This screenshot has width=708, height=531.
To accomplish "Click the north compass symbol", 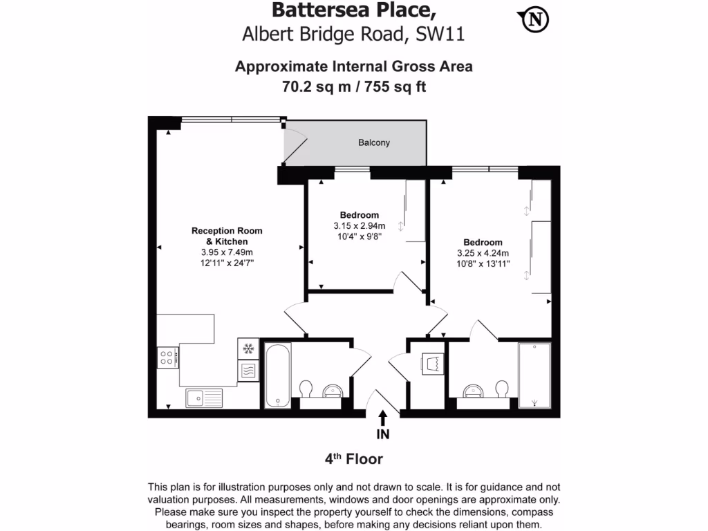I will tap(534, 20).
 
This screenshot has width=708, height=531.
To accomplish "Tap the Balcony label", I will tap(373, 143).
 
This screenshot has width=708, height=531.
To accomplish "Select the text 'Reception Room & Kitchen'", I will tap(227, 236).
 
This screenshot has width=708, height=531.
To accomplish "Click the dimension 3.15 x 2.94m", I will tap(359, 226).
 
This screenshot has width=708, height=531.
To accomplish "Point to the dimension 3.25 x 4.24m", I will tap(483, 253).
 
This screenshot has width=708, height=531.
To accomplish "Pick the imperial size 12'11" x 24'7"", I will tap(227, 263).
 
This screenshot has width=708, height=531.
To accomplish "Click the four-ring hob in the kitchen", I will tap(167, 357).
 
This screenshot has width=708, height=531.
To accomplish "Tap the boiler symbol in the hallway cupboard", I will tap(432, 363).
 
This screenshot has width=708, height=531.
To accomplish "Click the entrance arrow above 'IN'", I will tap(382, 418).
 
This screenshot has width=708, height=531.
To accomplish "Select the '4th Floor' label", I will tap(353, 459).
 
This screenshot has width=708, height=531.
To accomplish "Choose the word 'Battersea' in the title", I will tap(311, 10).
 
